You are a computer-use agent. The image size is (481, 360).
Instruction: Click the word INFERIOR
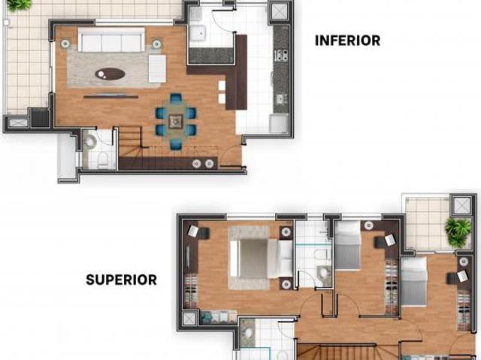(347, 41)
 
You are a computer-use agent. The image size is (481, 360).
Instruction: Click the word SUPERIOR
(121, 280)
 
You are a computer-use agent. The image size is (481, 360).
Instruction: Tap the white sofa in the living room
(111, 41)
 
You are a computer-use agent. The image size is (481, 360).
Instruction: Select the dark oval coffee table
(110, 74)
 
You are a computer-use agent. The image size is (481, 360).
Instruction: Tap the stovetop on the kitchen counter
(280, 55)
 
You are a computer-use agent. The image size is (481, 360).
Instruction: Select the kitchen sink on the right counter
(280, 98)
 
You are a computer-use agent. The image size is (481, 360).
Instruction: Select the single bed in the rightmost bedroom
(413, 281)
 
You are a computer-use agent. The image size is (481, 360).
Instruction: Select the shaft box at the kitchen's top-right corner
(279, 12)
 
